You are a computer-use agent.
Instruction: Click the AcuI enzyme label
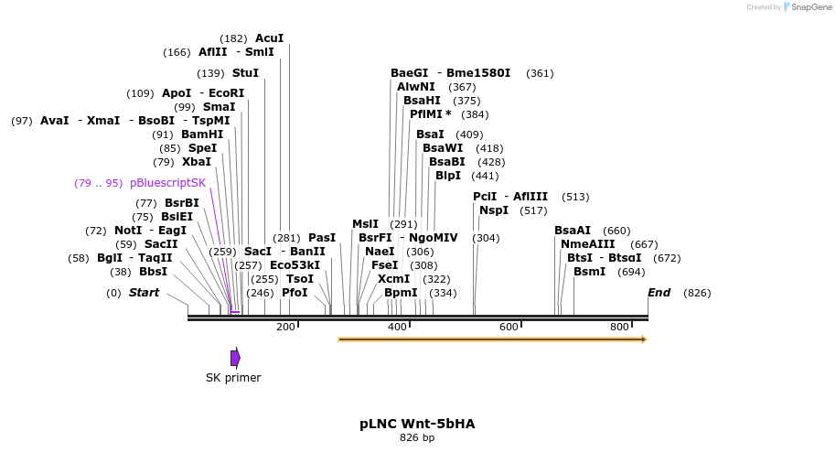[x=269, y=38]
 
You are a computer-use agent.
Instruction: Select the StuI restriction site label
[x=245, y=73]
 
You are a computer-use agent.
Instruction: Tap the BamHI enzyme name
[x=202, y=135]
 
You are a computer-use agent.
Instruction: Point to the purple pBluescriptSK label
[x=168, y=183]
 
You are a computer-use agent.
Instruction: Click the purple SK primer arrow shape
[x=235, y=358]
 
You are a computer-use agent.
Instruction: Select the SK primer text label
[x=233, y=378]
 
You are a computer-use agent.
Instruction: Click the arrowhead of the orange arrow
[x=644, y=339]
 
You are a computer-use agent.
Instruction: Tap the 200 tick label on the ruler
[x=285, y=327]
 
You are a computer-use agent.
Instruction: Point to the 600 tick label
[x=509, y=327]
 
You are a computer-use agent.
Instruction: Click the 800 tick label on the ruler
[x=619, y=327]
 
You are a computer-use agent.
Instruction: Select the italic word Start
[x=144, y=293]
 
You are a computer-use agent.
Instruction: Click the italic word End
[x=659, y=293]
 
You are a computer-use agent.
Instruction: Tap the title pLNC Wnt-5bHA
[x=417, y=424]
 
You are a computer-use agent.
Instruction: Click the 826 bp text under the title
[x=417, y=437]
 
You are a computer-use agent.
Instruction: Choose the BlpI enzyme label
[x=448, y=176]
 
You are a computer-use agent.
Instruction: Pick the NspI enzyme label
[x=494, y=210]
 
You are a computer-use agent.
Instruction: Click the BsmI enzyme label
[x=590, y=272]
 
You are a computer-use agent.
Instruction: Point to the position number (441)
[x=485, y=176]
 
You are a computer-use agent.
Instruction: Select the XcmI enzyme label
[x=394, y=279]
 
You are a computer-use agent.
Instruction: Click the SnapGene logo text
[x=811, y=7]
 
